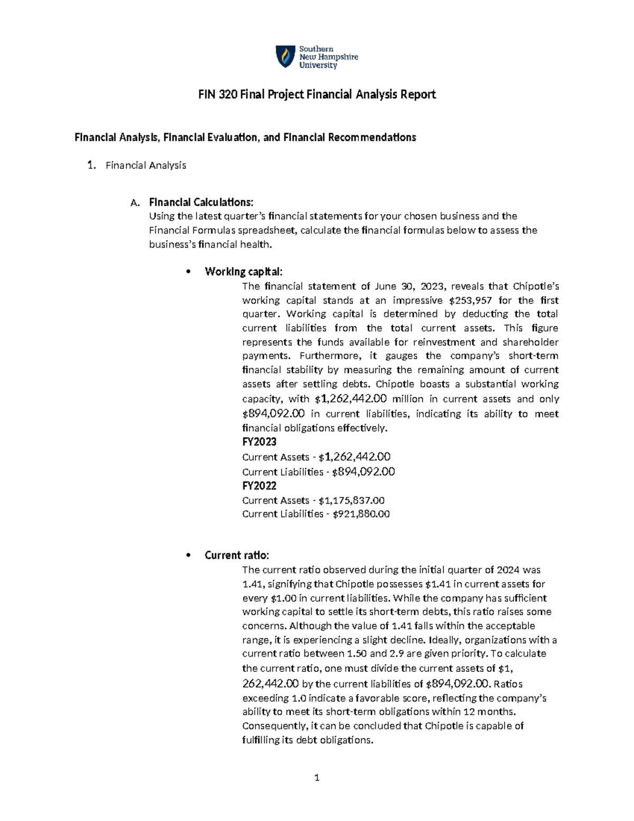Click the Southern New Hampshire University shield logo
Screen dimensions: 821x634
[285, 57]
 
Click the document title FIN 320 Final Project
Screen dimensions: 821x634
[316, 95]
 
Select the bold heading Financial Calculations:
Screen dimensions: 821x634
[201, 202]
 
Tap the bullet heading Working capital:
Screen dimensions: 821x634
[244, 272]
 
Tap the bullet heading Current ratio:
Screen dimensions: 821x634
[237, 555]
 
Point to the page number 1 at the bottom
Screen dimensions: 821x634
[317, 778]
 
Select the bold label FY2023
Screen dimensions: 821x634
[259, 442]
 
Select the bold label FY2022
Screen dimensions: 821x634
[259, 486]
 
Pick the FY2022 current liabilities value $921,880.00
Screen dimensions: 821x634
[361, 514]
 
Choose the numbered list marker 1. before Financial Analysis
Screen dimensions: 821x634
[91, 165]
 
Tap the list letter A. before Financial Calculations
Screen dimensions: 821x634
[135, 203]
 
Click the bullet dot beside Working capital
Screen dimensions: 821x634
[188, 272]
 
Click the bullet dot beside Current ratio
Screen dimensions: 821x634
[188, 556]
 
